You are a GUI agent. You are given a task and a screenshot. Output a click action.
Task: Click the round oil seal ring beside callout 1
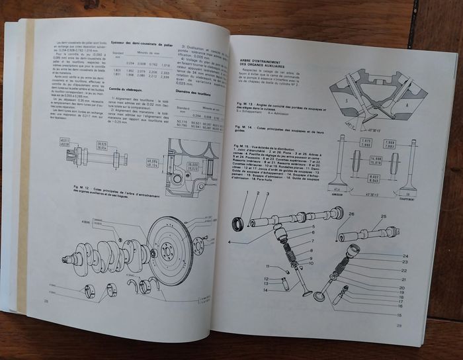(x=238, y=224)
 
